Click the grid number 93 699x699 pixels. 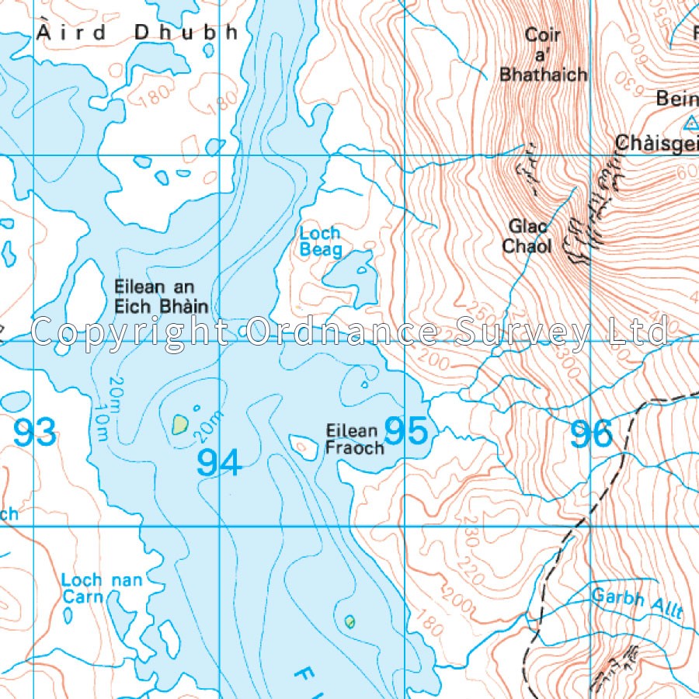click(35, 433)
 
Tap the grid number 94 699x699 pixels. click(219, 462)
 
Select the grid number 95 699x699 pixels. click(406, 432)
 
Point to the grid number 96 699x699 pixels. click(592, 434)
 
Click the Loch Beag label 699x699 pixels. click(321, 242)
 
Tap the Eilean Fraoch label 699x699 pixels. click(354, 439)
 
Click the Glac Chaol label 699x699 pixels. click(529, 236)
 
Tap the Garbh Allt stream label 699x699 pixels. click(637, 603)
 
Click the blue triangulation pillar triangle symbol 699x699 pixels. click(690, 122)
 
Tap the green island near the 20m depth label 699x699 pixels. click(180, 424)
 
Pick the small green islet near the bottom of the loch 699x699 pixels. click(349, 621)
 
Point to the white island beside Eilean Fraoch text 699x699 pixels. click(302, 445)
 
